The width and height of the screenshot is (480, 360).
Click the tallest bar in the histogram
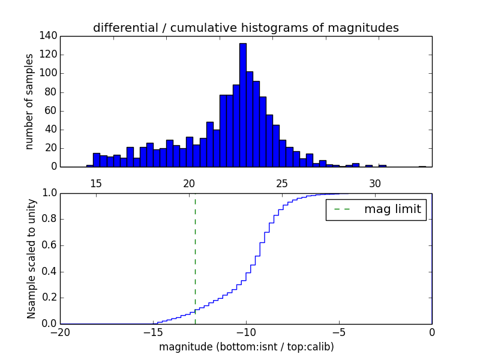[x=243, y=105]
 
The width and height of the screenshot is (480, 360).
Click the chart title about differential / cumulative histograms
[x=245, y=28]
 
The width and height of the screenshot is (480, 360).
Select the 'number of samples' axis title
[x=29, y=101]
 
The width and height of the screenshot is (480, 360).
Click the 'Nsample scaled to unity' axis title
[x=31, y=258]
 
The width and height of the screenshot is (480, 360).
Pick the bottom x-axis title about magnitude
[x=246, y=347]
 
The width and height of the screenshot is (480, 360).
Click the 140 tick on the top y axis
[x=49, y=36]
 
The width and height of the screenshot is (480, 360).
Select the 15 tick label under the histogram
[x=96, y=183]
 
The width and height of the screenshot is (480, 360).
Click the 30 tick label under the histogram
[x=375, y=183]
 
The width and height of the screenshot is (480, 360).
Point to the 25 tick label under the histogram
[x=282, y=183]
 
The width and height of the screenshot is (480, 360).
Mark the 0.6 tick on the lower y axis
[x=48, y=245]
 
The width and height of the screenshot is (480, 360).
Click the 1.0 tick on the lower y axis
[x=48, y=193]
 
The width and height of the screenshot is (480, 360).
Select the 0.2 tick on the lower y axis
[x=48, y=298]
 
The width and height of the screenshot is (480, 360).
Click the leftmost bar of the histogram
[x=90, y=166]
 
